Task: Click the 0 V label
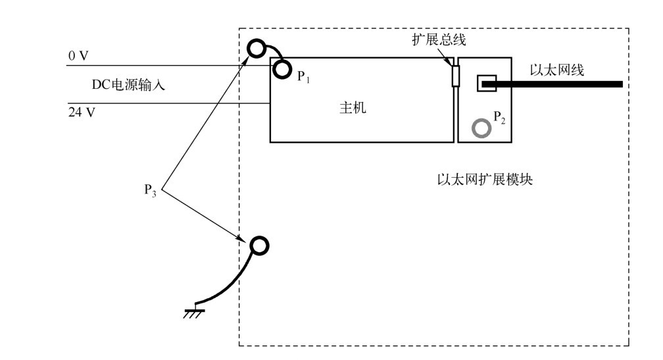point(78,56)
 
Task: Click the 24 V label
point(82,112)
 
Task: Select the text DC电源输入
point(128,85)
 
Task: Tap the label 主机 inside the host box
point(353,108)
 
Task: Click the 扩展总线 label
point(439,39)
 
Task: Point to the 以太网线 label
point(557,70)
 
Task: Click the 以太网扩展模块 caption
point(485,180)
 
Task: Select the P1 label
point(304,76)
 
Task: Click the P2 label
point(499,117)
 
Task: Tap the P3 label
point(150,190)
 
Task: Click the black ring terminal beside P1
point(282,69)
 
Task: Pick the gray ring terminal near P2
point(481,128)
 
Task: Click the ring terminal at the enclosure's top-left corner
point(257,49)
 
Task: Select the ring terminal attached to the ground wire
point(259,245)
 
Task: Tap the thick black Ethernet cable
point(552,84)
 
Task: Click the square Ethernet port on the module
point(487,84)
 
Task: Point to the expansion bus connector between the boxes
point(455,76)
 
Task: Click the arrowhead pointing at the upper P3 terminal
point(245,61)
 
